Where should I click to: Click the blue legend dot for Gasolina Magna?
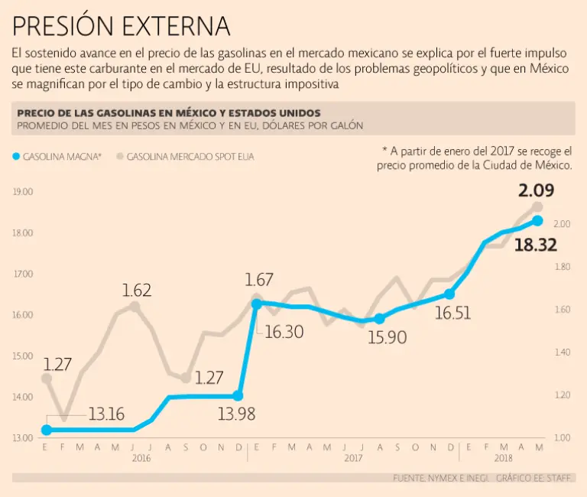(16, 157)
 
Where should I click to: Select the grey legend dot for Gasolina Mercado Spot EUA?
(120, 157)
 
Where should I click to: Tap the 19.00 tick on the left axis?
(23, 192)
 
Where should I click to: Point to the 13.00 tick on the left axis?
(23, 438)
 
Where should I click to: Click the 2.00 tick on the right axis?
(562, 224)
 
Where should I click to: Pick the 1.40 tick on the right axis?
(562, 352)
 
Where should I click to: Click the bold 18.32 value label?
(535, 245)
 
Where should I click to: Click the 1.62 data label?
(137, 291)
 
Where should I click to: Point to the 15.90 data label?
(387, 336)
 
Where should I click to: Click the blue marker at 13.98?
(238, 396)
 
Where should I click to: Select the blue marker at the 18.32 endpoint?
(537, 221)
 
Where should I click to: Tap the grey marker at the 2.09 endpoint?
(537, 207)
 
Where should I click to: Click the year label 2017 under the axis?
(352, 459)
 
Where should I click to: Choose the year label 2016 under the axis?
(141, 459)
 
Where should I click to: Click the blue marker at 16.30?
(256, 304)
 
